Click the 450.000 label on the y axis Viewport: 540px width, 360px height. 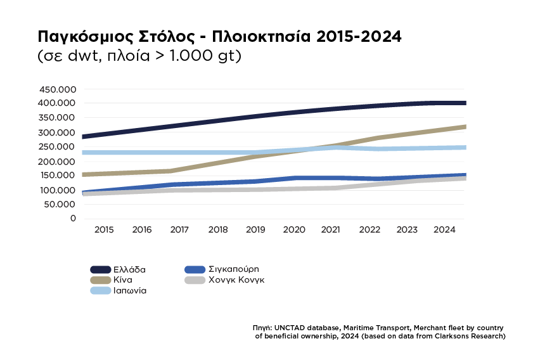[57, 89]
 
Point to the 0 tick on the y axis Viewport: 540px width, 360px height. [73, 219]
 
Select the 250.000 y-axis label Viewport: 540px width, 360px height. [57, 146]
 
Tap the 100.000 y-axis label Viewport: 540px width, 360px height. [57, 190]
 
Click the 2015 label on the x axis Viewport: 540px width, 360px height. [104, 229]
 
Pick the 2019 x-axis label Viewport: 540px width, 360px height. [256, 229]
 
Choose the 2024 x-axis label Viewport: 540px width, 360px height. [446, 229]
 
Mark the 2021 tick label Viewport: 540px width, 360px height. [332, 229]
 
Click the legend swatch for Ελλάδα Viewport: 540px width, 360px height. [100, 269]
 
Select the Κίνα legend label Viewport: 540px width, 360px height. [122, 280]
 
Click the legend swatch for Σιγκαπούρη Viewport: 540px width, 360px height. [193, 269]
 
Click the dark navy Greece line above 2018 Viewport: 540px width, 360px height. [218, 120]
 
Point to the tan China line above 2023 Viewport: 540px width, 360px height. [408, 134]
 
